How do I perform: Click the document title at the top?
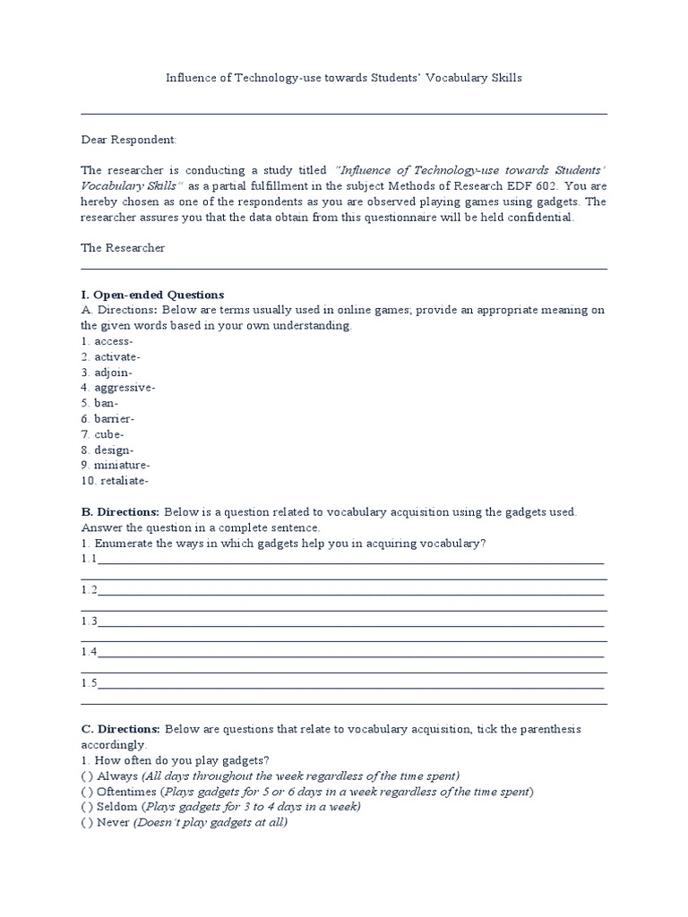344,78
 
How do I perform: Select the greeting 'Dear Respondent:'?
129,140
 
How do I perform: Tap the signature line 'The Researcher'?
123,248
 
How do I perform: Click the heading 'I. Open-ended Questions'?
152,295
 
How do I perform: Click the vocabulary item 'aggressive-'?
117,388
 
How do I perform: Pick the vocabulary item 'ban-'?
99,403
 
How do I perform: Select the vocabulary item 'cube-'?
102,434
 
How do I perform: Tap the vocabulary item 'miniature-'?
115,465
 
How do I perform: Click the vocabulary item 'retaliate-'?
114,481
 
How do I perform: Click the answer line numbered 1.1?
349,561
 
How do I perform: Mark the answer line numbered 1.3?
349,622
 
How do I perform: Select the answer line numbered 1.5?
349,685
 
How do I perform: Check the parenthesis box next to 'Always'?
86,776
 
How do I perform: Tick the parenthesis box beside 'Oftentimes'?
86,792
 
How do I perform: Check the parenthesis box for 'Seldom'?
86,807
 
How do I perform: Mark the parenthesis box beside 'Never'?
86,823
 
